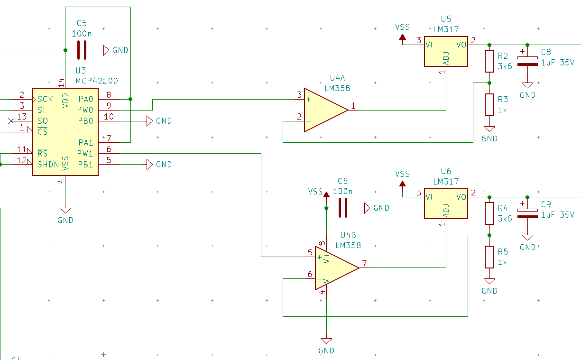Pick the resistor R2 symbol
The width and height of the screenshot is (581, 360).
(x=489, y=61)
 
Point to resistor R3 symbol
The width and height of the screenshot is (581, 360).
(x=489, y=105)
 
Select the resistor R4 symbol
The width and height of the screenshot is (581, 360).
(x=489, y=213)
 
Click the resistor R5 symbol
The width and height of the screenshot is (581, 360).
(x=489, y=257)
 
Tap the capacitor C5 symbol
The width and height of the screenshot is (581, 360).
(x=82, y=50)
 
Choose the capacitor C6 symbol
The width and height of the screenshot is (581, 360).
(x=343, y=208)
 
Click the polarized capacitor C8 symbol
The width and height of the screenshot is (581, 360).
(x=527, y=61)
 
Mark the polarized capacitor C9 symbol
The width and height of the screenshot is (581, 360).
(x=527, y=213)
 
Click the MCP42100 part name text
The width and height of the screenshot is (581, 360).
(x=97, y=81)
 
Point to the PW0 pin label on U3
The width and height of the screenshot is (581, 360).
(x=86, y=110)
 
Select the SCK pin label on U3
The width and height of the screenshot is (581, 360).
(x=45, y=99)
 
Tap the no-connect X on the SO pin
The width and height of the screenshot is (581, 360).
(x=11, y=121)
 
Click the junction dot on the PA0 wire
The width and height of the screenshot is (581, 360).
(x=130, y=99)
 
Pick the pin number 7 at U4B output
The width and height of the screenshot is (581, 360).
(x=364, y=263)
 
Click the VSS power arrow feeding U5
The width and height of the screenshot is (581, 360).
(x=403, y=37)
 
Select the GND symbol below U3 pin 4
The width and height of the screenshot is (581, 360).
(x=65, y=210)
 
